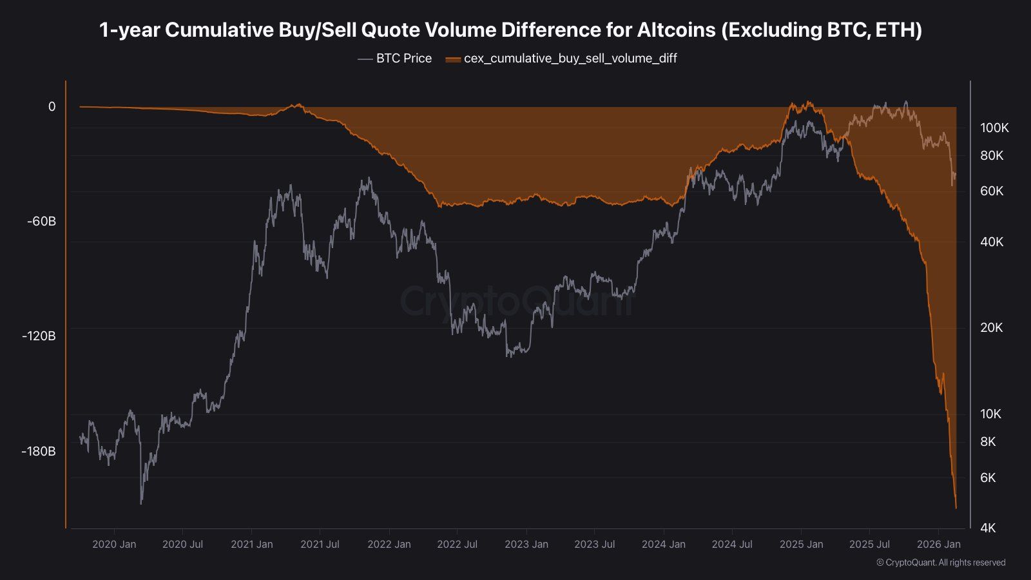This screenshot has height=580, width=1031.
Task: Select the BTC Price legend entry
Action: [x=394, y=59]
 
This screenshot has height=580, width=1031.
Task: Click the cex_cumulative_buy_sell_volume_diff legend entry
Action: [x=562, y=59]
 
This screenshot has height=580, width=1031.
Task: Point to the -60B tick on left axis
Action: [x=41, y=222]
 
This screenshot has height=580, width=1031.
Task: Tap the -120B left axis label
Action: [x=39, y=336]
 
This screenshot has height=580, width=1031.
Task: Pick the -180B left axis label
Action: [x=39, y=451]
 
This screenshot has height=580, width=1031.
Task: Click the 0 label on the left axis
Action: [x=52, y=107]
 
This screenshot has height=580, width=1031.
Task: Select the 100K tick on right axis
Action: [x=994, y=128]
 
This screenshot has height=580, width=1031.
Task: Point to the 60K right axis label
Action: [x=992, y=191]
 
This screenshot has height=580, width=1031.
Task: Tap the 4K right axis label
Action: [x=988, y=528]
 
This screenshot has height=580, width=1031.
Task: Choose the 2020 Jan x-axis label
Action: [x=114, y=545]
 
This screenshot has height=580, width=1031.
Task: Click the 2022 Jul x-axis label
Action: [x=457, y=545]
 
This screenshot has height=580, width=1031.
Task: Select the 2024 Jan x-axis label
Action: [x=663, y=545]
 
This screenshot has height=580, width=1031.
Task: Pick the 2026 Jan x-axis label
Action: [x=938, y=545]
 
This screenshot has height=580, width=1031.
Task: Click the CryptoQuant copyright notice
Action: [x=941, y=563]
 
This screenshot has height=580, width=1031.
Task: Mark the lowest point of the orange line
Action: [x=956, y=508]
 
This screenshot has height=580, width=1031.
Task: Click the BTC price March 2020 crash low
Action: [x=141, y=503]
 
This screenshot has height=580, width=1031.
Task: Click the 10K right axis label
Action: [x=990, y=414]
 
